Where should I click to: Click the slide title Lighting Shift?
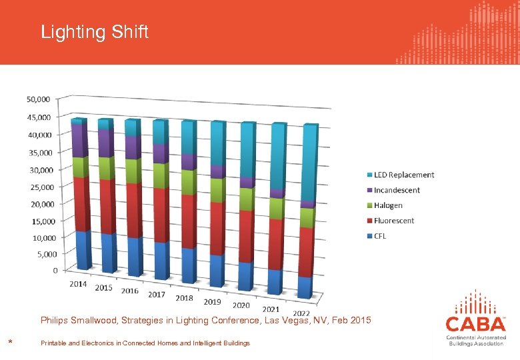[95, 32]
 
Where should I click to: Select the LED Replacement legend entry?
[403, 175]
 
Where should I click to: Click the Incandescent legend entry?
[397, 190]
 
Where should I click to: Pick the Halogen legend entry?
[388, 205]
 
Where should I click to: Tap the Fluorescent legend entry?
[393, 221]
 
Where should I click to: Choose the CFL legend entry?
[379, 236]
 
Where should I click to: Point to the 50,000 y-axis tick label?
[38, 99]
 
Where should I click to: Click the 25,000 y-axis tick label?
[38, 187]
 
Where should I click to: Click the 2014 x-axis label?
[78, 284]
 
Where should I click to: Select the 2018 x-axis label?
[185, 298]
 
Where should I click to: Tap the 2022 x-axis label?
[301, 313]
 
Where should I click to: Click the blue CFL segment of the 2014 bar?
[83, 250]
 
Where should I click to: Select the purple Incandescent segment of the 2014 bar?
[79, 140]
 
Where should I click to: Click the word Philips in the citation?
[54, 321]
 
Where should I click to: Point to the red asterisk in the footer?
[10, 343]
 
